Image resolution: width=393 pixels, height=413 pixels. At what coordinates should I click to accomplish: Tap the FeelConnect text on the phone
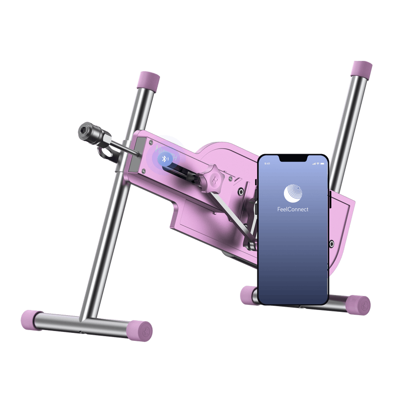[x=293, y=209]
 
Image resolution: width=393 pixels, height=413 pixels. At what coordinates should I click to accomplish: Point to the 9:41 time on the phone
[x=267, y=164]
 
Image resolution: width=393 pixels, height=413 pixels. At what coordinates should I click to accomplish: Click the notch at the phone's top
[x=293, y=159]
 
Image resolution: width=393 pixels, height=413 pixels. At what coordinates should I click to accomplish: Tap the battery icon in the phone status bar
[x=321, y=164]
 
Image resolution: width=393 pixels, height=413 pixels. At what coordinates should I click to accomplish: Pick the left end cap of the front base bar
[x=31, y=320]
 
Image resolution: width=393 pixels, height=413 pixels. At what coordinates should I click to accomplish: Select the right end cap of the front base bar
[x=140, y=330]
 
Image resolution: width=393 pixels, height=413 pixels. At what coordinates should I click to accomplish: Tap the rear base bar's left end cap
[x=248, y=295]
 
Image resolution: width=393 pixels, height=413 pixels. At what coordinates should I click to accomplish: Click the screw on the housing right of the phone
[x=331, y=244]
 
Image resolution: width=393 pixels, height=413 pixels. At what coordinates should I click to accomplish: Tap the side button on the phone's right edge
[x=329, y=199]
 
